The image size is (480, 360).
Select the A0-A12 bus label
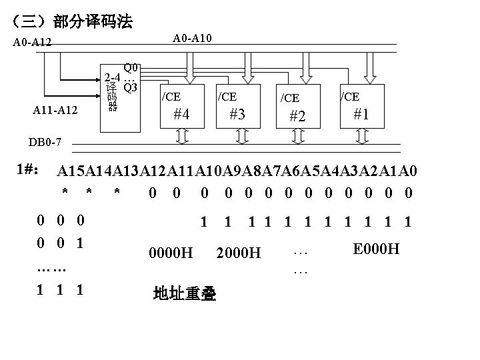pyautogui.click(x=33, y=45)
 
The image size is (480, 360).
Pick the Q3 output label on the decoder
pyautogui.click(x=131, y=87)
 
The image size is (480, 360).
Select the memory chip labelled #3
pyautogui.click(x=237, y=106)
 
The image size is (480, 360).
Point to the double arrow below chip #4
pyautogui.click(x=182, y=137)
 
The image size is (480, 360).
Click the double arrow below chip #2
pyautogui.click(x=299, y=137)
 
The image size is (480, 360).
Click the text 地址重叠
pyautogui.click(x=184, y=293)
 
